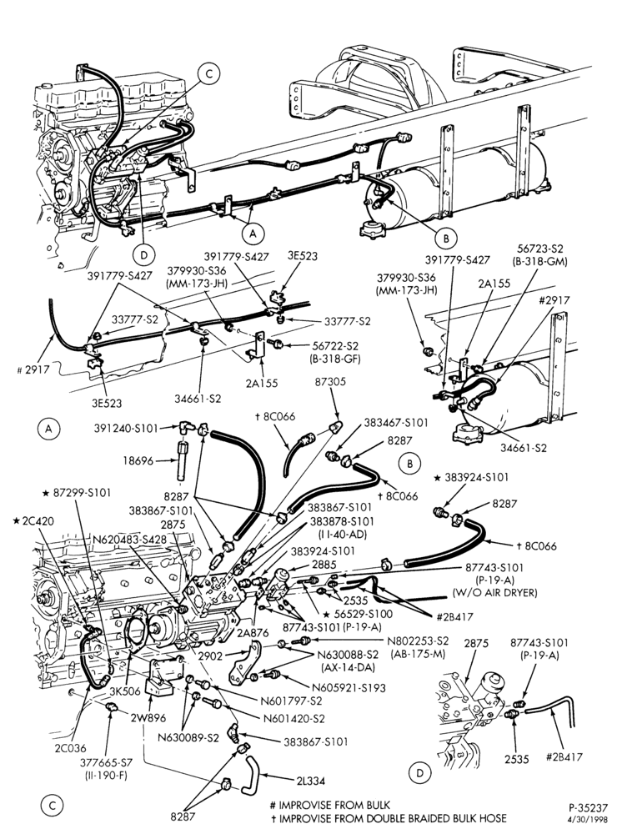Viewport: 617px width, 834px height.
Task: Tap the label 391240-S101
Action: (x=127, y=428)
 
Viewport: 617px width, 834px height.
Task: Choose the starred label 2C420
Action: (x=33, y=520)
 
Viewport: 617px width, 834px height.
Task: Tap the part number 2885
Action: (x=324, y=564)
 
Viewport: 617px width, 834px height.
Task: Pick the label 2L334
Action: (x=311, y=781)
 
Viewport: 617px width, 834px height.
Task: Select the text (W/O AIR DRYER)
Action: (x=494, y=592)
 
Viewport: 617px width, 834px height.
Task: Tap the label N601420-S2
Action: (x=293, y=719)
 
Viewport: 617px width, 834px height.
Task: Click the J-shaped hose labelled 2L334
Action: (x=249, y=772)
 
